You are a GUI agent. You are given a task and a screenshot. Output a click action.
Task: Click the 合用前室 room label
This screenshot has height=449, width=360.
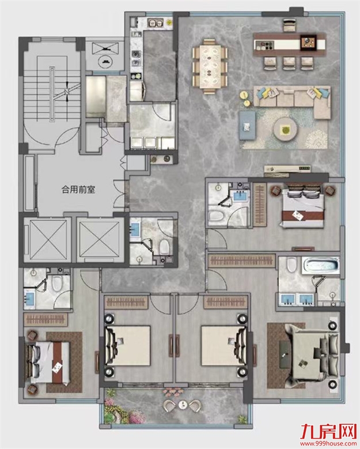tap(78, 190)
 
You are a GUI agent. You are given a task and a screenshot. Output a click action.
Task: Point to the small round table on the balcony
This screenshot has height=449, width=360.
tap(183, 405)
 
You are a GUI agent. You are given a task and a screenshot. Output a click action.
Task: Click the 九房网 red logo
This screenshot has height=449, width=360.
tap(328, 432)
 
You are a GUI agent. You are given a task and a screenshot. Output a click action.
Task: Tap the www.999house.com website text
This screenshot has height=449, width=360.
tap(328, 444)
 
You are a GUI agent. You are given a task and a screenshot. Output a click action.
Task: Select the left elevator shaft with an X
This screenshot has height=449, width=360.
tap(47, 240)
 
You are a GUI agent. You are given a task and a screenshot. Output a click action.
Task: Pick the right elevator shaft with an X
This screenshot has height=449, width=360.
tap(100, 240)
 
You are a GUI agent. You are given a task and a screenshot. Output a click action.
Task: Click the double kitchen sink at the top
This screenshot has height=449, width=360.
tap(155, 22)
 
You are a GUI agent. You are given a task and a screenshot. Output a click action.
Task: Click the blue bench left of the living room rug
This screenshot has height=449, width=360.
tap(247, 125)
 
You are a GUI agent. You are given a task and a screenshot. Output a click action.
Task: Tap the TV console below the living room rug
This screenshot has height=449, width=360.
tap(287, 169)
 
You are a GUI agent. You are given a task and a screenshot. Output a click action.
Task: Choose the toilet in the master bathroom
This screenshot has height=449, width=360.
tap(291, 265)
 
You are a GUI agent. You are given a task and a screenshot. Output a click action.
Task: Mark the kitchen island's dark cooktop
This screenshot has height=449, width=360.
tap(308, 43)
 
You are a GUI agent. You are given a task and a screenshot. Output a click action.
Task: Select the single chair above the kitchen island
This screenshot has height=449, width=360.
tap(289, 25)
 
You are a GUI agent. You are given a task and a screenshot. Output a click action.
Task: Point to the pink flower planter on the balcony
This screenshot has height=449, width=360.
tap(173, 392)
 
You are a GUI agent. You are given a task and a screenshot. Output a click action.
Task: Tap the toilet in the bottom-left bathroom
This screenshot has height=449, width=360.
tap(57, 283)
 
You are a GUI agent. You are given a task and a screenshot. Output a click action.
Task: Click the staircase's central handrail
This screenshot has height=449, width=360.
tap(52, 94)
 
